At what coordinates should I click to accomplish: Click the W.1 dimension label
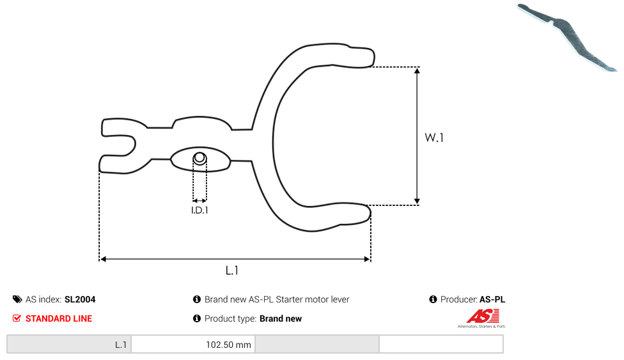click(x=433, y=137)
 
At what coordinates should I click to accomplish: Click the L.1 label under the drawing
click(x=231, y=270)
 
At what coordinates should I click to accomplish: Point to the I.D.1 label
click(x=199, y=210)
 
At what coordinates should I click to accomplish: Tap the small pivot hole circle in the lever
click(x=199, y=158)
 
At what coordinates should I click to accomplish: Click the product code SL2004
click(x=80, y=299)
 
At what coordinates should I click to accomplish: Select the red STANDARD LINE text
click(x=59, y=318)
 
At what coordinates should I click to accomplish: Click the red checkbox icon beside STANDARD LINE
click(x=17, y=318)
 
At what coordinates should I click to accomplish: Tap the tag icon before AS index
click(x=17, y=299)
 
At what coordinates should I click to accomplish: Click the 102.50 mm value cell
click(x=193, y=345)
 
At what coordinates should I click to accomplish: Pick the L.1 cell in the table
click(x=69, y=345)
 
